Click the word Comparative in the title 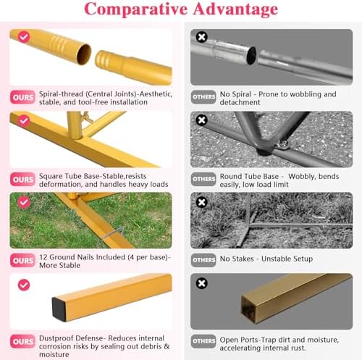click(136, 9)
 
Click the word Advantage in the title click(235, 9)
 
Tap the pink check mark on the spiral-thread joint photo click(24, 37)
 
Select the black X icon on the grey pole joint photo click(201, 37)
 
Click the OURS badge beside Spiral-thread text click(22, 97)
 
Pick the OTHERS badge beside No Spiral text click(203, 97)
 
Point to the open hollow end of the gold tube click(84, 54)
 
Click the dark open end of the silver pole click(251, 56)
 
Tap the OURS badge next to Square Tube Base click(22, 180)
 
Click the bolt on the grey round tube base click(283, 144)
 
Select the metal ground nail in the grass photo click(113, 233)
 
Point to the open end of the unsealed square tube click(248, 310)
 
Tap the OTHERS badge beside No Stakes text click(203, 260)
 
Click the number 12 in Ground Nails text click(43, 257)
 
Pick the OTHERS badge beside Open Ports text click(203, 341)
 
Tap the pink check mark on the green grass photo click(24, 202)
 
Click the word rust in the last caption click(298, 348)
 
